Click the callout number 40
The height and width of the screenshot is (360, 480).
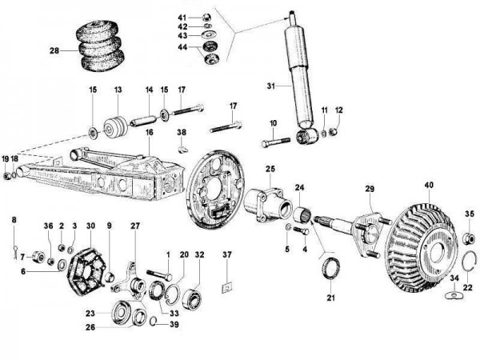(429, 185)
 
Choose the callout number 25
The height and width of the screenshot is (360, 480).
(270, 169)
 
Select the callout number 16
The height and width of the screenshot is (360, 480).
(148, 131)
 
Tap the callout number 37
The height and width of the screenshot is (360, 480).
(227, 255)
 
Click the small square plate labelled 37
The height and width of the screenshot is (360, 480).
(227, 282)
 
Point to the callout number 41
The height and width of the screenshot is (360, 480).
(182, 17)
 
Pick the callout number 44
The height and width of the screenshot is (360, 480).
(182, 48)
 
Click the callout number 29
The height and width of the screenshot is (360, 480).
(369, 188)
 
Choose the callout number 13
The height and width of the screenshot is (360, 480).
(118, 90)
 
